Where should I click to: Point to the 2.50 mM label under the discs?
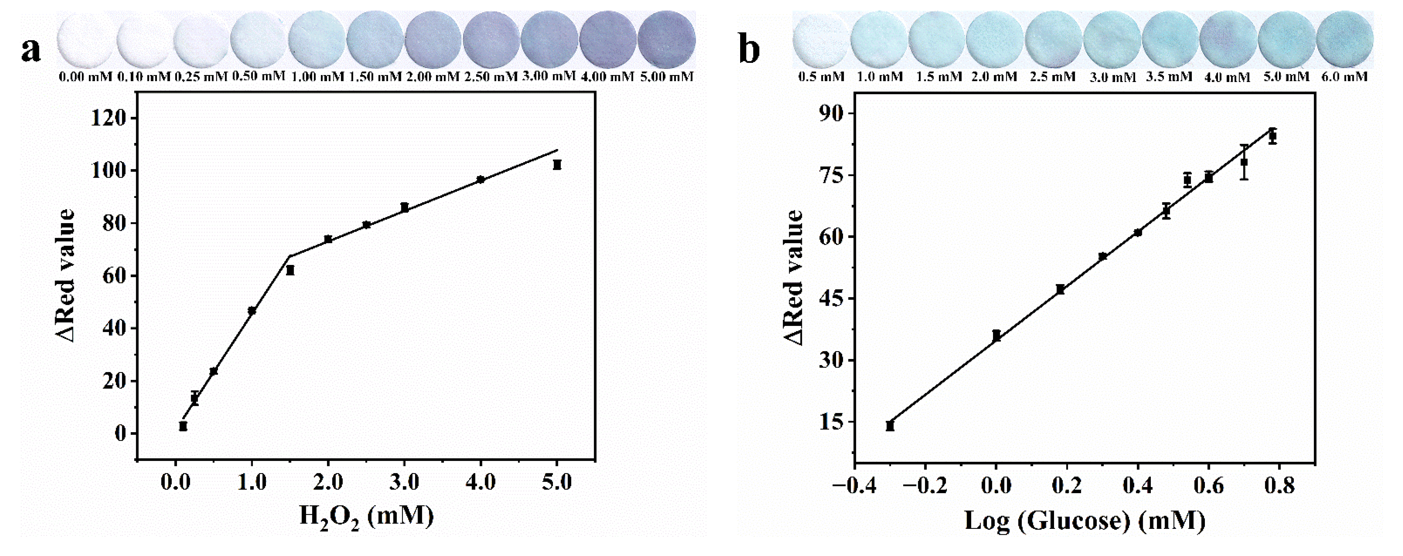pyautogui.click(x=491, y=77)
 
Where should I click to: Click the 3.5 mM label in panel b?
pyautogui.click(x=1169, y=77)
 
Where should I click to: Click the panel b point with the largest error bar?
pyautogui.click(x=1244, y=162)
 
